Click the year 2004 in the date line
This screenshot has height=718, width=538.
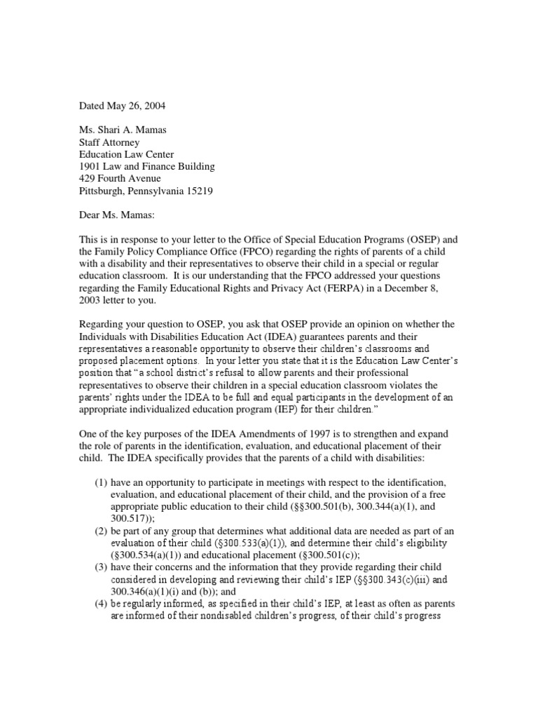tap(155, 106)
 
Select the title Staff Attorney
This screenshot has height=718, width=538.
tap(109, 142)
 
